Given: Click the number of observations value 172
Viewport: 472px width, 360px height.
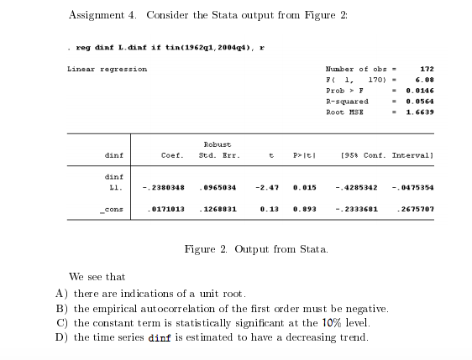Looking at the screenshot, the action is pos(426,69).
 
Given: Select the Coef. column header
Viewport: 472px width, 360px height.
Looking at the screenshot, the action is pos(172,155).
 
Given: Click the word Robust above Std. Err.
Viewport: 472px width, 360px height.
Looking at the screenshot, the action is pos(218,144).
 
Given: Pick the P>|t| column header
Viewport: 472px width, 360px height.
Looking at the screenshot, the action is pos(303,155).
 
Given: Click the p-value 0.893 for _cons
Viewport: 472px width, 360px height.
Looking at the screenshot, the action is pos(303,207).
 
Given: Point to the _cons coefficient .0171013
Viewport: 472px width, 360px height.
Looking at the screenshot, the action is pos(165,207).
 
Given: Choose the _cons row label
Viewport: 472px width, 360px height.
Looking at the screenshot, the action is pos(111,207).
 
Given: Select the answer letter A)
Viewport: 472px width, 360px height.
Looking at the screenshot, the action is pos(61,293).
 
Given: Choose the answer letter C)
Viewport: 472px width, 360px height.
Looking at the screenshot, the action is pos(61,323).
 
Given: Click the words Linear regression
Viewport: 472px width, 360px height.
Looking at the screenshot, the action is pos(107,69).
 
